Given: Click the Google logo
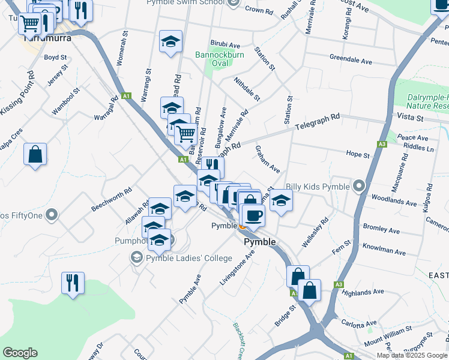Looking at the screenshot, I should pos(20,353).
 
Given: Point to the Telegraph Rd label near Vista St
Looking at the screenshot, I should pos(318,123).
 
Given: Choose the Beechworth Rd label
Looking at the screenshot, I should pos(111,200).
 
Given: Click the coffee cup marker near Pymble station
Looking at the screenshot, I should pos(253,215).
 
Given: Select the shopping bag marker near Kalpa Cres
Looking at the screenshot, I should pos(35,154).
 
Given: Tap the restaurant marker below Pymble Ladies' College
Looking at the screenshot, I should pos(73,282).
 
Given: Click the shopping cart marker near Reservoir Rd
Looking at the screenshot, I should pos(186,134).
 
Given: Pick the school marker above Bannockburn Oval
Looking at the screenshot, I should pos(171,42).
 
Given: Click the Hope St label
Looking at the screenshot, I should pos(358,155).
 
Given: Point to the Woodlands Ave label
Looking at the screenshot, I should pos(394,203).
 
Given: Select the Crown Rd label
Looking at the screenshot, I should pos(259,10).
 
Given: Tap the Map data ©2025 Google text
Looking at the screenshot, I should pos(411,355).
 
